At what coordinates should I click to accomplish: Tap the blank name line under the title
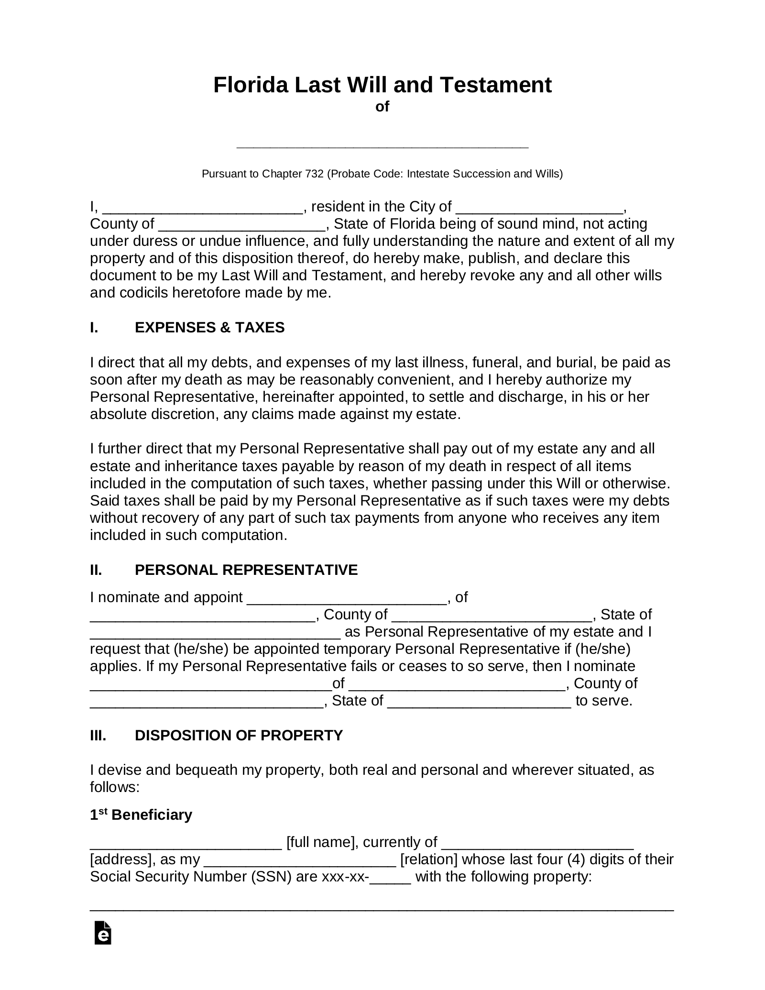click(382, 144)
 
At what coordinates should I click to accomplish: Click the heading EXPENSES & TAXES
click(209, 328)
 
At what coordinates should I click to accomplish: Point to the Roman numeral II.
click(96, 570)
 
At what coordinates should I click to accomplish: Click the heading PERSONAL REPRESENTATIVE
click(246, 570)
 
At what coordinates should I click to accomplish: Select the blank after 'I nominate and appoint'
click(347, 598)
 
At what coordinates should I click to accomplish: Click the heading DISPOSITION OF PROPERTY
click(239, 735)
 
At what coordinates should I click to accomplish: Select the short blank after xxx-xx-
click(390, 877)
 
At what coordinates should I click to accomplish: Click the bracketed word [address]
click(119, 859)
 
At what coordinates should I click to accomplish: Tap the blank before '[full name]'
click(186, 843)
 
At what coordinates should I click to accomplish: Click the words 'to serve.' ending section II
click(604, 701)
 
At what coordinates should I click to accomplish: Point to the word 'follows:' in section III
click(114, 787)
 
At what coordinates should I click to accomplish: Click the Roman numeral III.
click(98, 735)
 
